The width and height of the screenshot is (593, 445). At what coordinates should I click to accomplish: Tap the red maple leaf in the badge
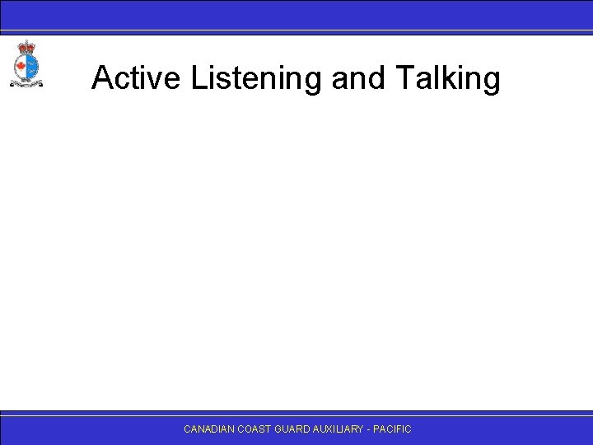pyautogui.click(x=21, y=65)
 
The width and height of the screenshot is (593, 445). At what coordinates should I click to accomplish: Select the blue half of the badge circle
pyautogui.click(x=31, y=65)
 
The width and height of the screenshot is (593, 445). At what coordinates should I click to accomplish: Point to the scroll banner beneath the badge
pyautogui.click(x=26, y=83)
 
